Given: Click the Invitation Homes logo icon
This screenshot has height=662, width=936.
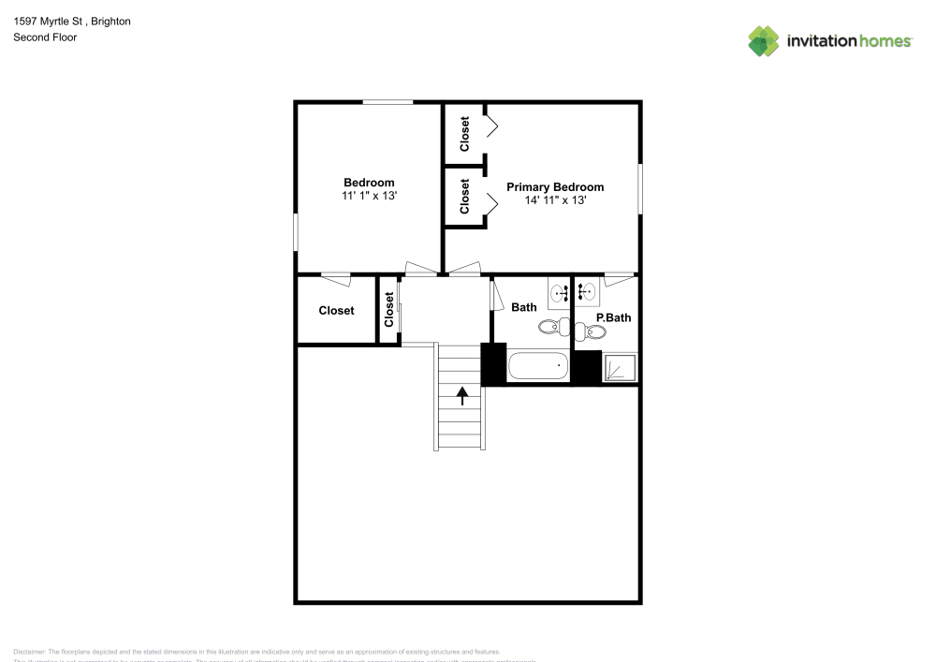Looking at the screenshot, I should point(763,41).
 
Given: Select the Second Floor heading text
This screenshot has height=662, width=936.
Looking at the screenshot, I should point(45,37).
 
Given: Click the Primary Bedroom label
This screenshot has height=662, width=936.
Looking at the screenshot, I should point(555,187).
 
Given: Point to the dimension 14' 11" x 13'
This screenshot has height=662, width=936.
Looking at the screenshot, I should point(555,200).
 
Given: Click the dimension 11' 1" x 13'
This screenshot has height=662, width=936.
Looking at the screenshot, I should point(369,196).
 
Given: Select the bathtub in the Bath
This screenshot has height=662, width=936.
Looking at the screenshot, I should point(538,365).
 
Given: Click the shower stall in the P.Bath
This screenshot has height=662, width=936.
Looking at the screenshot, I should point(620,367).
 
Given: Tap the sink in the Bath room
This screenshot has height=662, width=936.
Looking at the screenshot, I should point(561,293).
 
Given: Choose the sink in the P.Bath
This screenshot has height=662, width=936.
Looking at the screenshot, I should point(587,293).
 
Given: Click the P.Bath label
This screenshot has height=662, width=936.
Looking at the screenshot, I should point(614,317).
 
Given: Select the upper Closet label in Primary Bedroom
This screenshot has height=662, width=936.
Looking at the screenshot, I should point(465,134).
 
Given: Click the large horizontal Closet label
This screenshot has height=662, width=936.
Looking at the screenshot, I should point(336,310).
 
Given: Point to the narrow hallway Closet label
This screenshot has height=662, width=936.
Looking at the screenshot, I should point(388,310).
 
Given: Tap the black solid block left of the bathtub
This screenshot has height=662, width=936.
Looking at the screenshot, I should point(493,364).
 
